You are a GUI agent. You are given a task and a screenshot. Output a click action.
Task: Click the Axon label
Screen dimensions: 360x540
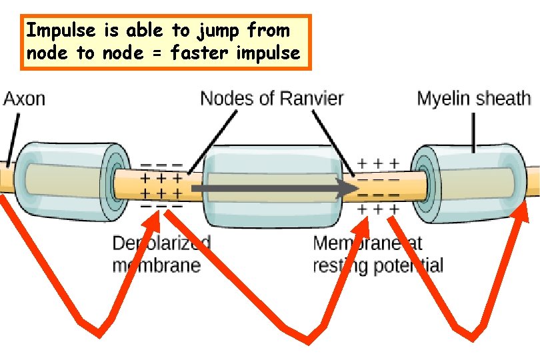[25, 99]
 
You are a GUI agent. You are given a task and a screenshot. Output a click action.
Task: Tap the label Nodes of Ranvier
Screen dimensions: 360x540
[271, 99]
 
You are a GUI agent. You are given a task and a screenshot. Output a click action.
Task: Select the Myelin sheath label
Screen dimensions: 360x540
[473, 99]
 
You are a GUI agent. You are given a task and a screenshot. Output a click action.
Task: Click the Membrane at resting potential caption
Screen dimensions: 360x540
[377, 254]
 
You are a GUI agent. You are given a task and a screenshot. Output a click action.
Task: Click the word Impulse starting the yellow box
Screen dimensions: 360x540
[57, 30]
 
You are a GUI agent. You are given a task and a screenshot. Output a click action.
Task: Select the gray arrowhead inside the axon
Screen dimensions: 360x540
[349, 189]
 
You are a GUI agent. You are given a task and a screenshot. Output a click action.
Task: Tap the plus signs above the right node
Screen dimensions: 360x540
[379, 163]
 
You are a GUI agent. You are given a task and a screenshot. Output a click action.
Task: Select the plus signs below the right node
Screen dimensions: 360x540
[379, 209]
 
